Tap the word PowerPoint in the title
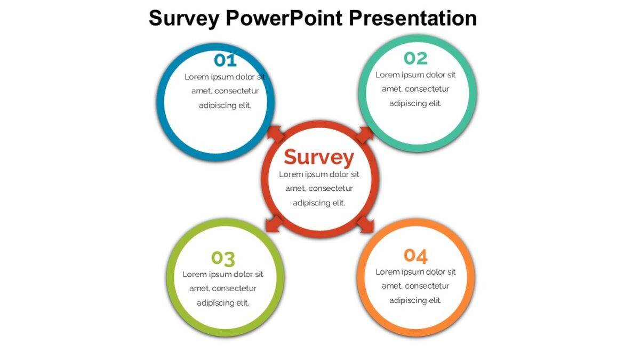[284, 18]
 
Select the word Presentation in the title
[412, 19]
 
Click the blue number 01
[225, 60]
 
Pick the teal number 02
[415, 58]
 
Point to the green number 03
[223, 258]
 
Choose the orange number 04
[415, 256]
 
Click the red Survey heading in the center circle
[319, 157]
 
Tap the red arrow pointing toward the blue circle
[276, 134]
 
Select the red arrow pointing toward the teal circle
[365, 134]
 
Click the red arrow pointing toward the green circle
[275, 224]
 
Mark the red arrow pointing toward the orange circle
[365, 224]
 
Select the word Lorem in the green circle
[194, 275]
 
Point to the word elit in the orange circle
[433, 300]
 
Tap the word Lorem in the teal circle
[387, 75]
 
